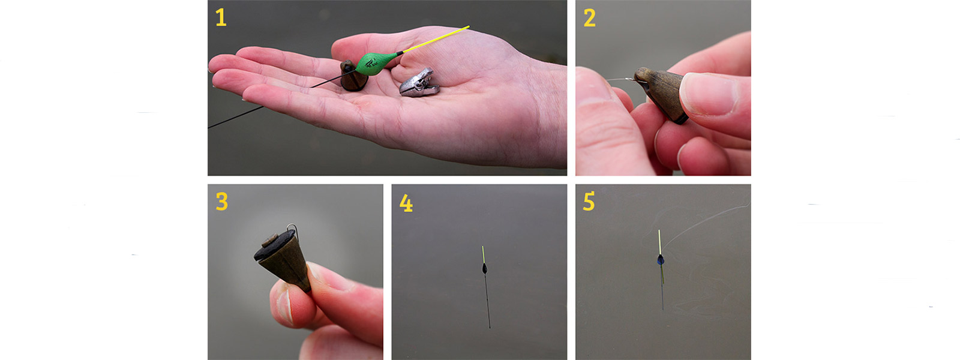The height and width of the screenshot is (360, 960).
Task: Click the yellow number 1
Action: [x=221, y=17]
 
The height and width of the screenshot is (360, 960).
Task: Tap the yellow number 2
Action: [x=590, y=17]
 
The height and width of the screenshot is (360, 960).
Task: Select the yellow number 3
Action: [x=221, y=201]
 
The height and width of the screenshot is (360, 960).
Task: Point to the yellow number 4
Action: [x=406, y=203]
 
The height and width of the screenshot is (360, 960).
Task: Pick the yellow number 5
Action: [x=589, y=201]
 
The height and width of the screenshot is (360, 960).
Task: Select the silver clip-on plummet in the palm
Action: [x=419, y=83]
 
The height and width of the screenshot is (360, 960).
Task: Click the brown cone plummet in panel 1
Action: [x=353, y=76]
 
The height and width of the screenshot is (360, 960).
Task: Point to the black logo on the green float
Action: [x=371, y=64]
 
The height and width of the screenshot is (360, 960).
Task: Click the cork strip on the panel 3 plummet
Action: [x=271, y=240]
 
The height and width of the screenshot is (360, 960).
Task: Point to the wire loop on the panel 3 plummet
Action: [x=293, y=229]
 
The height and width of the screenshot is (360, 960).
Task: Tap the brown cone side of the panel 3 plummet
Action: [x=288, y=266]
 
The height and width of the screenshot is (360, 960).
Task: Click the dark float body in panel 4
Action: [x=485, y=269]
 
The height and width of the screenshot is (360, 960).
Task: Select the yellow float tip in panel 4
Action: [x=484, y=255]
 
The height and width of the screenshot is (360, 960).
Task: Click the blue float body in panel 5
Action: [x=661, y=260]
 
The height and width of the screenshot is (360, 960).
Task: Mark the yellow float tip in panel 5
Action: [x=659, y=242]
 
